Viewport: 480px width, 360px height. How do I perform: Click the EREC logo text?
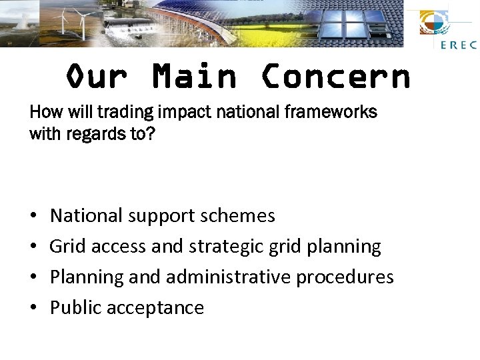(458, 45)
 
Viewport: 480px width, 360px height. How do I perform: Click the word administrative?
(227, 277)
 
